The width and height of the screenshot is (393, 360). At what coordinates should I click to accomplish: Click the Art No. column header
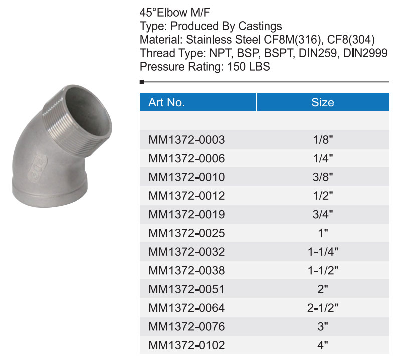tap(166, 102)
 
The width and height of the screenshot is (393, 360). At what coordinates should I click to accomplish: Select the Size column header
tap(323, 102)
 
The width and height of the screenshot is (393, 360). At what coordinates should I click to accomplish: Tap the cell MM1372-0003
tap(186, 140)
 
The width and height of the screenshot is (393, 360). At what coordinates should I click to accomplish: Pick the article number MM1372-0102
tap(186, 345)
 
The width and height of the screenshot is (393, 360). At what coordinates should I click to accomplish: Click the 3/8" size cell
tap(323, 177)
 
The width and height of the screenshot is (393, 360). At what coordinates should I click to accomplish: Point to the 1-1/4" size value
tap(323, 252)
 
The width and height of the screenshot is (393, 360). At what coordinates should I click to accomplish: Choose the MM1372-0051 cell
tap(186, 289)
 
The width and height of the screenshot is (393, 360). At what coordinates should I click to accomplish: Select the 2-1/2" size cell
tap(323, 308)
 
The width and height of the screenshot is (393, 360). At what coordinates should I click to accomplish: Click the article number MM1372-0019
tap(186, 214)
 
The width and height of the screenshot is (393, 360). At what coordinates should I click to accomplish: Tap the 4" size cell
tap(323, 345)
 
